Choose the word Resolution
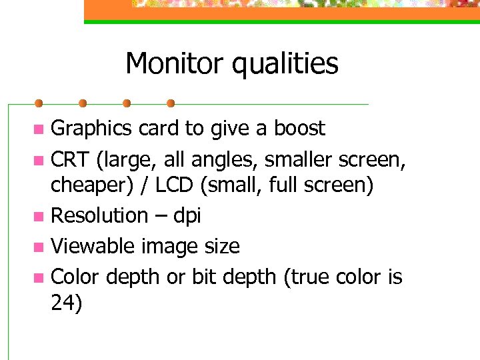(99, 215)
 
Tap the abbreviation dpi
(187, 216)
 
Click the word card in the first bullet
(158, 128)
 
